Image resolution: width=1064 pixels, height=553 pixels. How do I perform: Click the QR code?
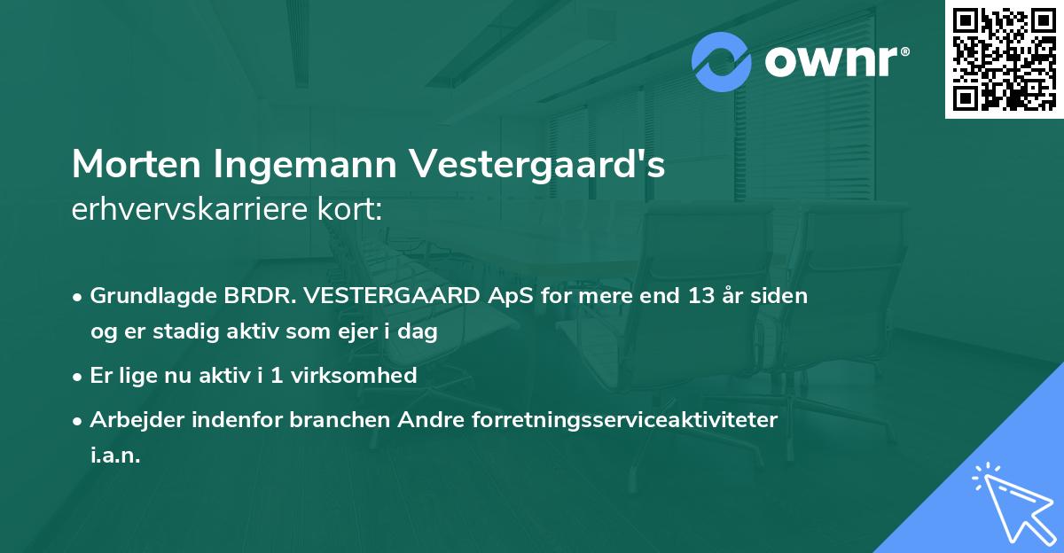coord(1004,59)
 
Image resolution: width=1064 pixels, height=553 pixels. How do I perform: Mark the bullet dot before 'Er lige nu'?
coord(79,377)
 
